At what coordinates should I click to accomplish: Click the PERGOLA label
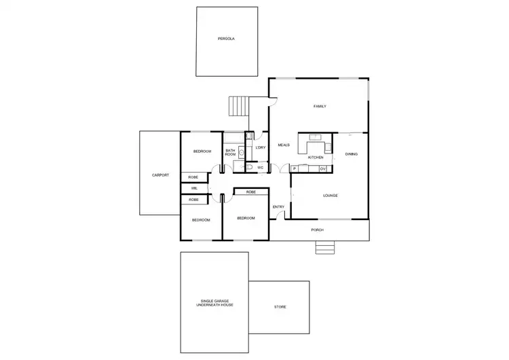coord(226,39)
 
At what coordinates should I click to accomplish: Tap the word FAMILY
coord(320,107)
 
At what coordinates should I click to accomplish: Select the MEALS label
coord(284,145)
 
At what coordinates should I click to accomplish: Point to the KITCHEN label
coord(316,158)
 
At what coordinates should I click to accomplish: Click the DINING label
coord(351,154)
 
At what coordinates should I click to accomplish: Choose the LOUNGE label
coord(331,196)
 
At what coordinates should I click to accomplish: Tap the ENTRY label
coord(278,206)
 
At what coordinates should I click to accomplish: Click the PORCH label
coord(317,230)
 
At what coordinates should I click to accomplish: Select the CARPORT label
coord(160,175)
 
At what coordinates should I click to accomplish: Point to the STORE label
coord(280,307)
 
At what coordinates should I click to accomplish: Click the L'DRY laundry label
coord(261,147)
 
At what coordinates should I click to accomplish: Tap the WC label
coord(260,167)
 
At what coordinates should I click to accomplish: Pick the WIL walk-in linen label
coord(194,188)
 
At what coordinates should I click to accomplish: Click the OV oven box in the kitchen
coord(323,168)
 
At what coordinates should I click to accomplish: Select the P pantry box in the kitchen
coord(295,168)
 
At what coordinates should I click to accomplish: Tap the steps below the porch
coord(325,248)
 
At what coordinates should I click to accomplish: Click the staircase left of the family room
coord(238,107)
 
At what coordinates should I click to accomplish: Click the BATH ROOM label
coord(230,152)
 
